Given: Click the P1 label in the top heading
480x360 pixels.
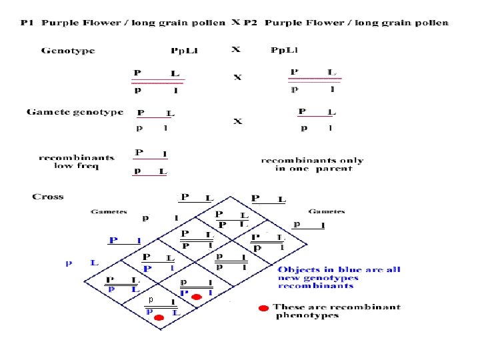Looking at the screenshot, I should (26, 23).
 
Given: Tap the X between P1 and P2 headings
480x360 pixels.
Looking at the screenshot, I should (235, 22).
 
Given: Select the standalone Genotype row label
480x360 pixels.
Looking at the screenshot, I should (68, 51).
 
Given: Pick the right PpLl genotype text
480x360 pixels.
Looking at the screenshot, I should (284, 51).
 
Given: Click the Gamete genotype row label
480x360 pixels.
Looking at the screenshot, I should (75, 112).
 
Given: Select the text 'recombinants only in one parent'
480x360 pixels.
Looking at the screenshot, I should (312, 164).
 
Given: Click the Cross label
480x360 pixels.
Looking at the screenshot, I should (47, 197).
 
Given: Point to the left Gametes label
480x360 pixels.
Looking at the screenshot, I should (109, 212).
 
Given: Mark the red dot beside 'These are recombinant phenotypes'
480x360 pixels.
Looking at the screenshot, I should (263, 308).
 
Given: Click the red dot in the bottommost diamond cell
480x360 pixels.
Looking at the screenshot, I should (159, 319).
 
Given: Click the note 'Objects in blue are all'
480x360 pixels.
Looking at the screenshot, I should (339, 269).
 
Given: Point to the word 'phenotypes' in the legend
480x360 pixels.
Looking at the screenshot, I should (307, 315).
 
